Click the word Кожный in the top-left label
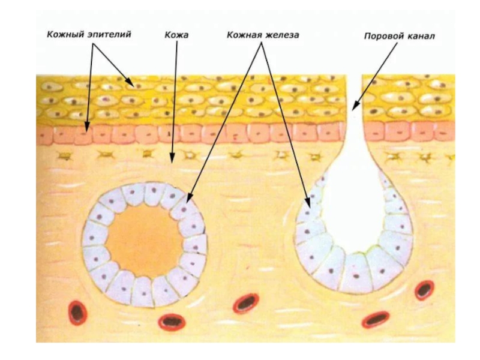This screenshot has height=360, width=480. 64,35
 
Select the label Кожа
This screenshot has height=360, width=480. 176,35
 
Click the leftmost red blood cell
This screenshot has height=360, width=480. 77,311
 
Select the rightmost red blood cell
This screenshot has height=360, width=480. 425,289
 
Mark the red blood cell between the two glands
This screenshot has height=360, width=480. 246,303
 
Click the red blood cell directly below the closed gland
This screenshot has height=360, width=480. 172,322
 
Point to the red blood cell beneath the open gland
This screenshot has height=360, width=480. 376,319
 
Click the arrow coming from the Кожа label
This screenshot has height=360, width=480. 175,102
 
